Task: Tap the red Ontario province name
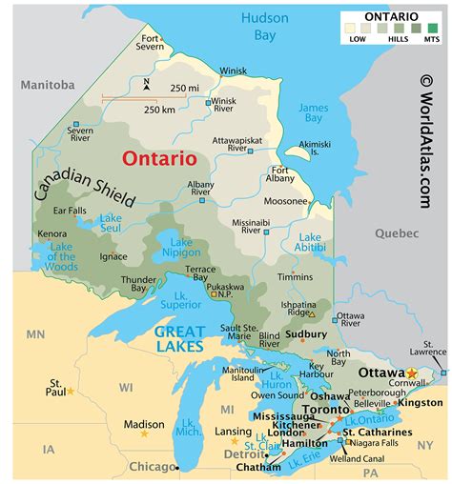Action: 158,158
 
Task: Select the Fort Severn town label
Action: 150,43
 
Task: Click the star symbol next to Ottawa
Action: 412,372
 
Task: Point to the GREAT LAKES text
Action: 178,338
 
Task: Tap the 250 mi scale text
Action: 186,89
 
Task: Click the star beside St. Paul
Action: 70,391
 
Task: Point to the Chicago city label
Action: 152,467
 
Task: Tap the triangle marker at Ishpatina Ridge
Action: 311,313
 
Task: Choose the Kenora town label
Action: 52,233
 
